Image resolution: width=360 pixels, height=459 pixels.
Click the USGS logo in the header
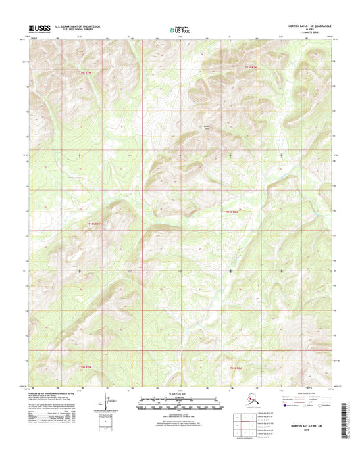coord(38,28)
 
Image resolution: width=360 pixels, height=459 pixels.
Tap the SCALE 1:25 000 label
coord(180,393)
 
